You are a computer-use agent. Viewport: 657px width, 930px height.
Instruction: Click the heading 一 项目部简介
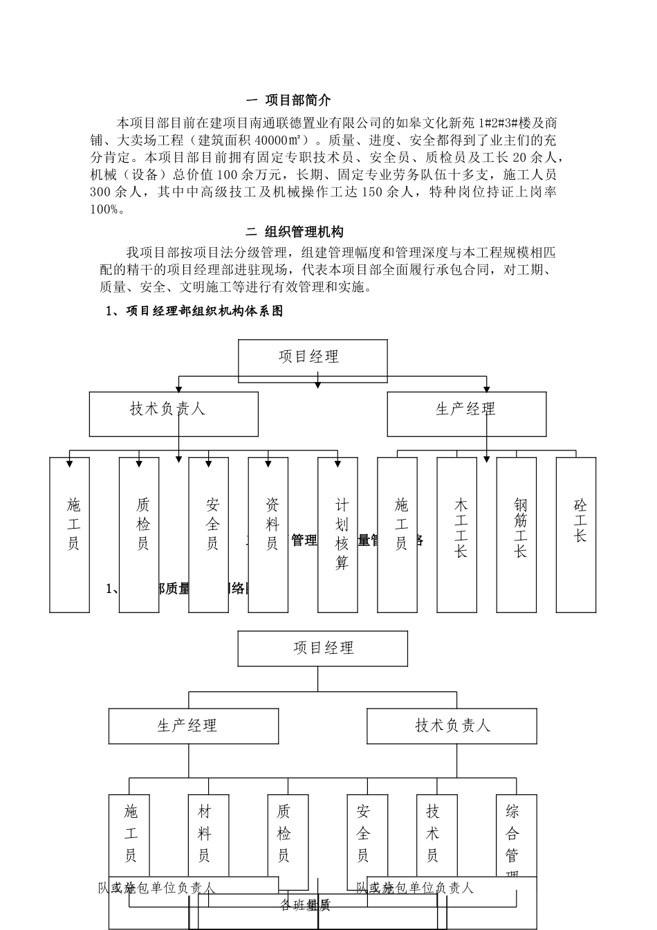pos(289,101)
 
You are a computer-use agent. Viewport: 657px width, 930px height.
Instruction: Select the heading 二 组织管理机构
pos(295,232)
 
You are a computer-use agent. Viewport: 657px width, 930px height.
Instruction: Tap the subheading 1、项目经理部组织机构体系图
pos(194,311)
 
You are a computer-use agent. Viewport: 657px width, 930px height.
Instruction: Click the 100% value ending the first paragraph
pos(107,210)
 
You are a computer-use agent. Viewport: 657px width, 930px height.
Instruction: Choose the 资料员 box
pos(268,534)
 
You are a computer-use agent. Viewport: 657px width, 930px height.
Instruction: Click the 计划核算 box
pos(338,534)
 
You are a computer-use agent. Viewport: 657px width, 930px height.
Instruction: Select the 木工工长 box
pos(457,534)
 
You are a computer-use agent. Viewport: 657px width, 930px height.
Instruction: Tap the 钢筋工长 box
pos(517,534)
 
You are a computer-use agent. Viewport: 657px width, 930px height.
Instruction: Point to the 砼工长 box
pos(576,534)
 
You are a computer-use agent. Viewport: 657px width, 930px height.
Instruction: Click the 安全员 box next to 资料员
pos(209,534)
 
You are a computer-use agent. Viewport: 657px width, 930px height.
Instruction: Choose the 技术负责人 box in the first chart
pos(174,414)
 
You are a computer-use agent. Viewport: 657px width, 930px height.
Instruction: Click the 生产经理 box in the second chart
pos(194,726)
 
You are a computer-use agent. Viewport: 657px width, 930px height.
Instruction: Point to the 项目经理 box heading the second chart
pos(322,648)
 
